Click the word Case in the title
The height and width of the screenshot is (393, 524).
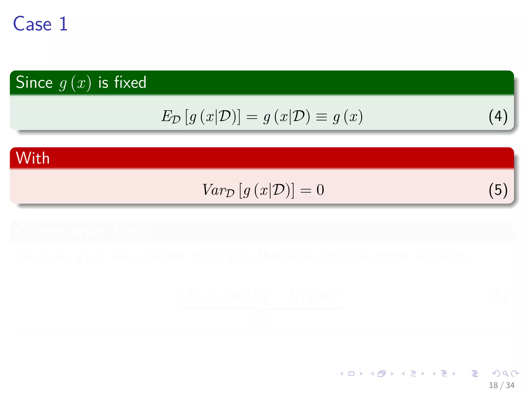[32, 24]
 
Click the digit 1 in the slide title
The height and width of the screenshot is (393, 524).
[63, 24]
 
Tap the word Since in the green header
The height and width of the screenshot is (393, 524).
[34, 82]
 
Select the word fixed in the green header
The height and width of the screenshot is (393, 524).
[130, 82]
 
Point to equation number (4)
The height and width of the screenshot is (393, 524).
[498, 117]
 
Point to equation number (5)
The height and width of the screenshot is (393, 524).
[498, 190]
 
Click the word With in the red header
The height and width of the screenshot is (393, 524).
[33, 158]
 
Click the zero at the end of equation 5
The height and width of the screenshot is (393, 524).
[320, 190]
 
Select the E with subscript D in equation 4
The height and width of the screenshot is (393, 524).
[170, 117]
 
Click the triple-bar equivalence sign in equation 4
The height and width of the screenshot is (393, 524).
[321, 117]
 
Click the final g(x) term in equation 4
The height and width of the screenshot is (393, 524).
[347, 117]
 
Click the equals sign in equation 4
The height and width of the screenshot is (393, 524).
[252, 117]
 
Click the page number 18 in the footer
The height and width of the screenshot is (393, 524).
[493, 385]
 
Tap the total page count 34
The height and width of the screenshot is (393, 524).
[510, 385]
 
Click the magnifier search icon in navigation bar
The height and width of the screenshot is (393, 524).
[505, 374]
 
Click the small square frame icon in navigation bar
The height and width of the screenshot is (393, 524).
[351, 374]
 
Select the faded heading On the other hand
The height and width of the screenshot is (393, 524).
[81, 232]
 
